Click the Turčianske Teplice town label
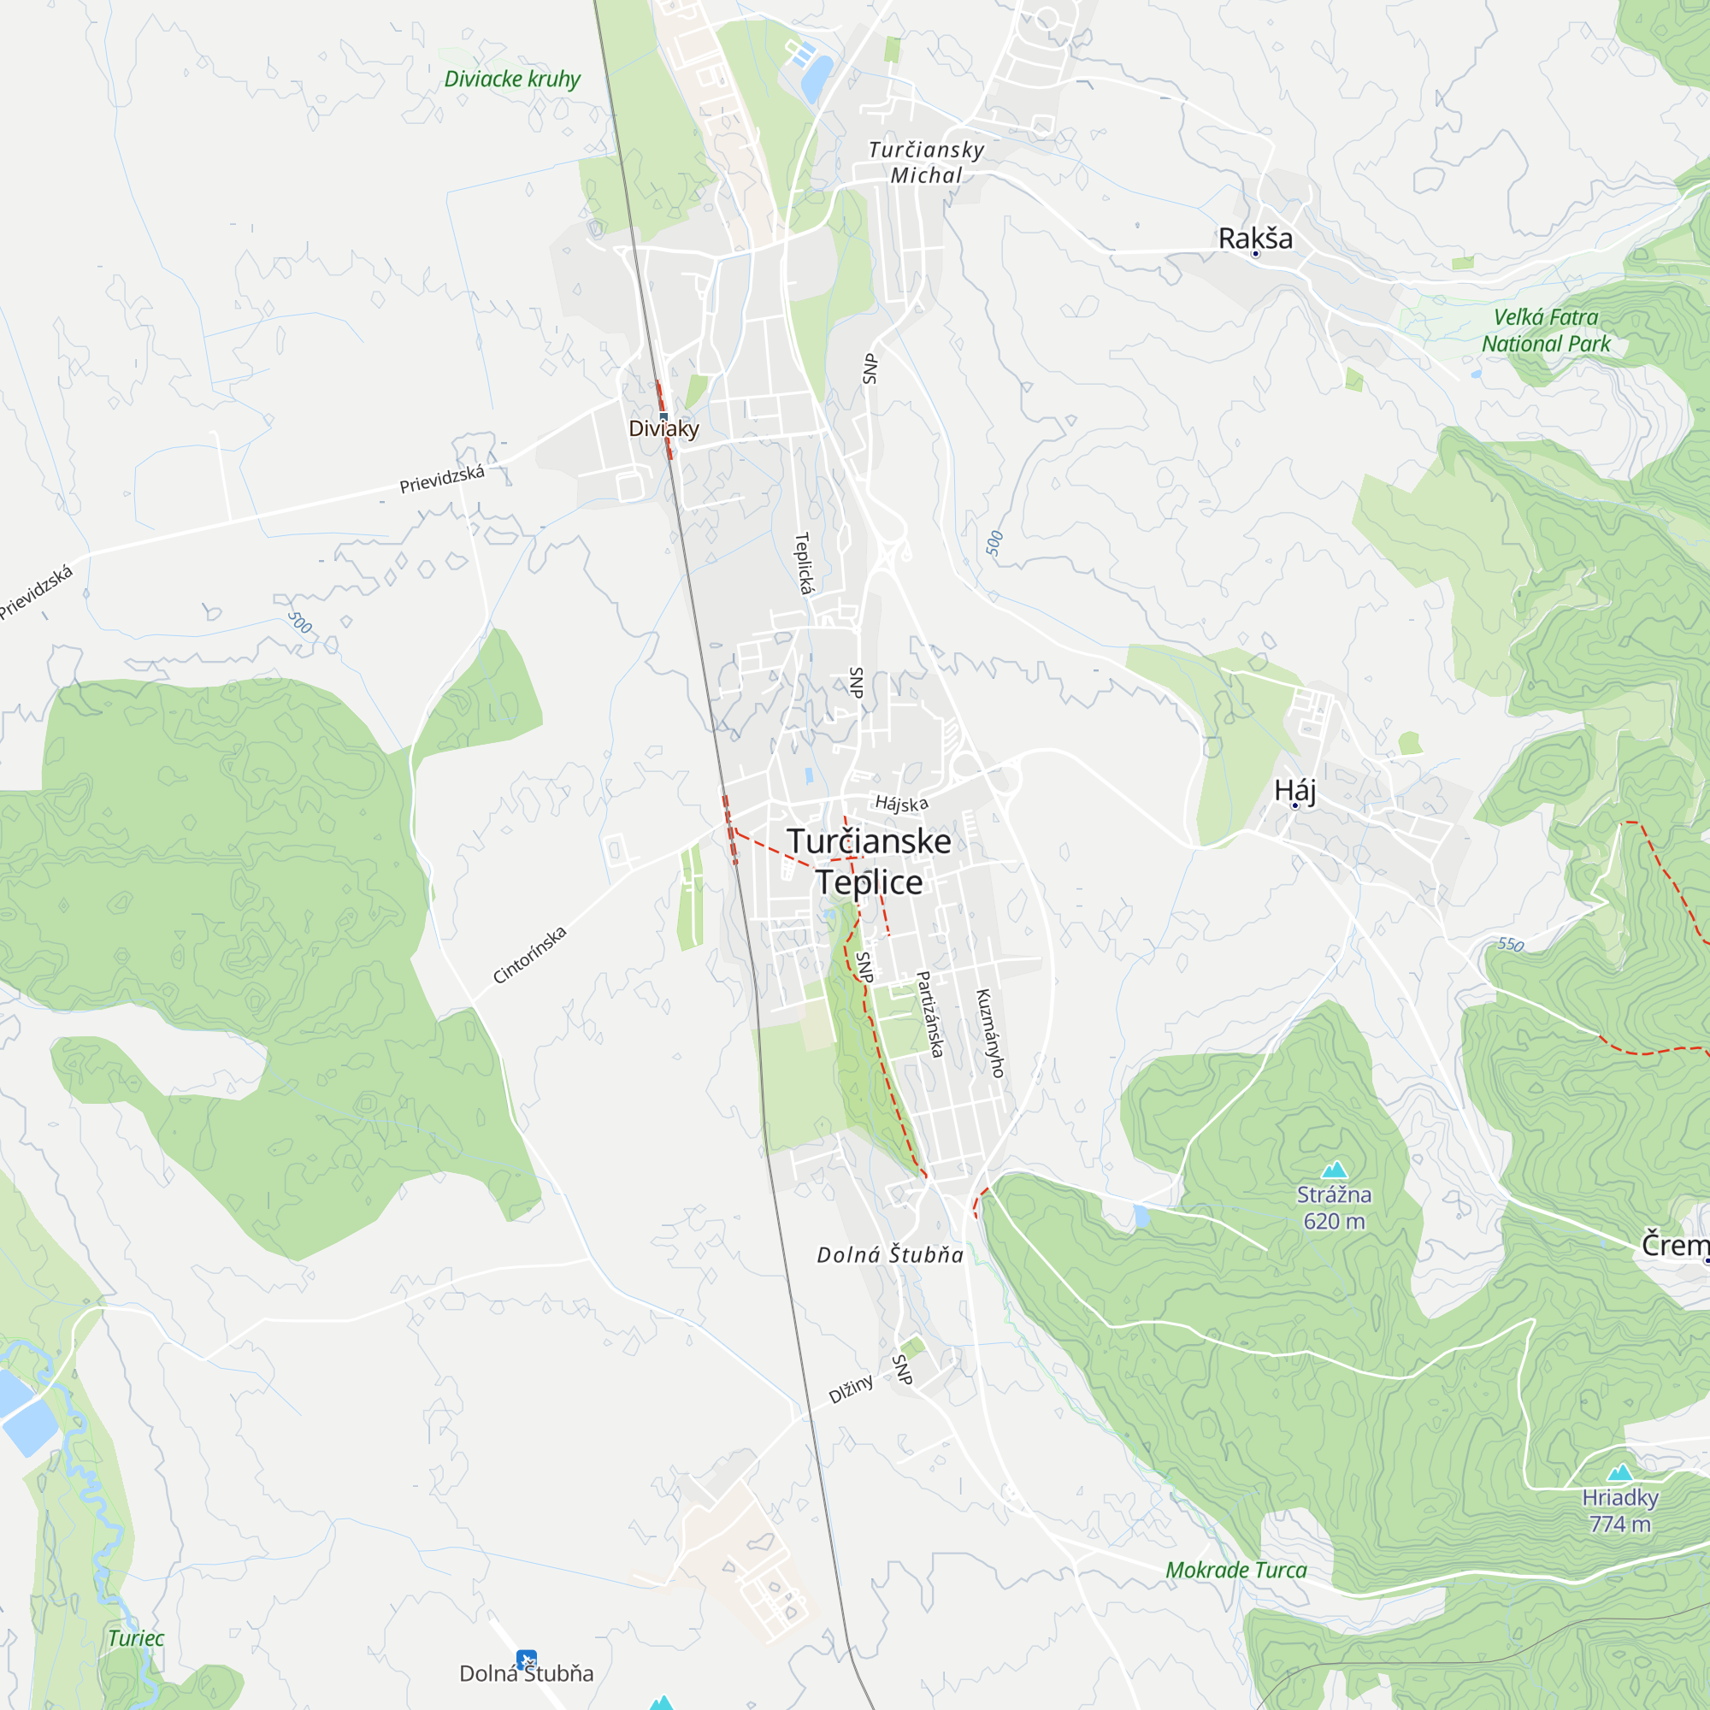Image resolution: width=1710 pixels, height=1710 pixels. click(x=869, y=861)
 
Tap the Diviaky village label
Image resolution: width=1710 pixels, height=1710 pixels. click(x=663, y=428)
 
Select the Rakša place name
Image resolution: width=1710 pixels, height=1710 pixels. click(x=1255, y=238)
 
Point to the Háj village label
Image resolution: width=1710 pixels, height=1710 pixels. click(x=1294, y=789)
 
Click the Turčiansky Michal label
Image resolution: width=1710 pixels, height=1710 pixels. click(x=926, y=162)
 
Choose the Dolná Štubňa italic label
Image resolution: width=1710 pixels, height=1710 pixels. click(x=889, y=1255)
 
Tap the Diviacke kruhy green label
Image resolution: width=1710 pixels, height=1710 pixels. click(x=511, y=79)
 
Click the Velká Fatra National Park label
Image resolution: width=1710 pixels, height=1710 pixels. click(x=1545, y=330)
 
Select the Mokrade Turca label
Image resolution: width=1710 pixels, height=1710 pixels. click(x=1235, y=1570)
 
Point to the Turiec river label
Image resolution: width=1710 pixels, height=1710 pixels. click(x=135, y=1638)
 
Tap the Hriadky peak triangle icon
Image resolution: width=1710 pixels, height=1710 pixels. click(x=1619, y=1472)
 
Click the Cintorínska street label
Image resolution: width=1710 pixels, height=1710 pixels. click(x=529, y=955)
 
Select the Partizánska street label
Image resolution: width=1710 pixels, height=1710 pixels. click(x=929, y=1014)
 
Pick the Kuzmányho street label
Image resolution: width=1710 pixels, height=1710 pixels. click(x=989, y=1033)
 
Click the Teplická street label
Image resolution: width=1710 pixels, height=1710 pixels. click(x=804, y=563)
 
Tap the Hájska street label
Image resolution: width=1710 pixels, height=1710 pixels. click(x=901, y=803)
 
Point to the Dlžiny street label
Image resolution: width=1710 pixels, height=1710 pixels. click(x=851, y=1389)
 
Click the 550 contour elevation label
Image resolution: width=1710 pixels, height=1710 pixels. click(x=1511, y=945)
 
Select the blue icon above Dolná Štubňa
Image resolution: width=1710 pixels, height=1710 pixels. click(x=527, y=1659)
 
